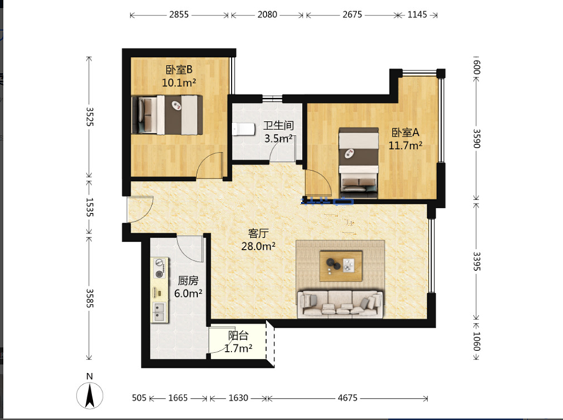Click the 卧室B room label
tap(179, 69)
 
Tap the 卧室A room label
tap(405, 132)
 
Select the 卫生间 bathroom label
tap(279, 125)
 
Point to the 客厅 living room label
tap(258, 234)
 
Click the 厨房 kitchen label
tap(188, 281)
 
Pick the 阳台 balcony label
tap(238, 336)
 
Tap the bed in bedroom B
tap(167, 115)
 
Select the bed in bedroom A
tap(359, 163)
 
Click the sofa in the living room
tap(340, 304)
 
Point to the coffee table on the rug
tap(341, 266)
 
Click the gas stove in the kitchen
tap(159, 268)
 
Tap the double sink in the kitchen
tap(159, 312)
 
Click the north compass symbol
tap(90, 395)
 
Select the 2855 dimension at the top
tap(179, 15)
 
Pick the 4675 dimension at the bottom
tap(348, 397)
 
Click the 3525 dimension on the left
tap(89, 116)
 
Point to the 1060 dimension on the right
tap(476, 341)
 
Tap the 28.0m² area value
tap(258, 246)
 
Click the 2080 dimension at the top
tap(267, 15)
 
